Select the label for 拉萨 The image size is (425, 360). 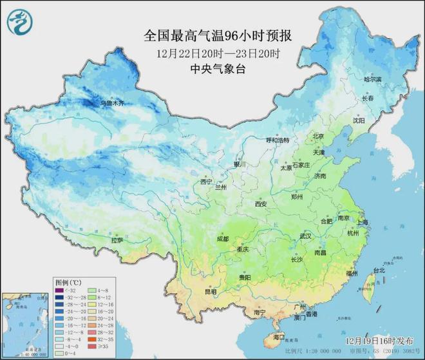117,240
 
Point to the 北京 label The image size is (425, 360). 318,136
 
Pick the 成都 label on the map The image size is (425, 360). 222,238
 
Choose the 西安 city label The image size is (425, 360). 260,204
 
